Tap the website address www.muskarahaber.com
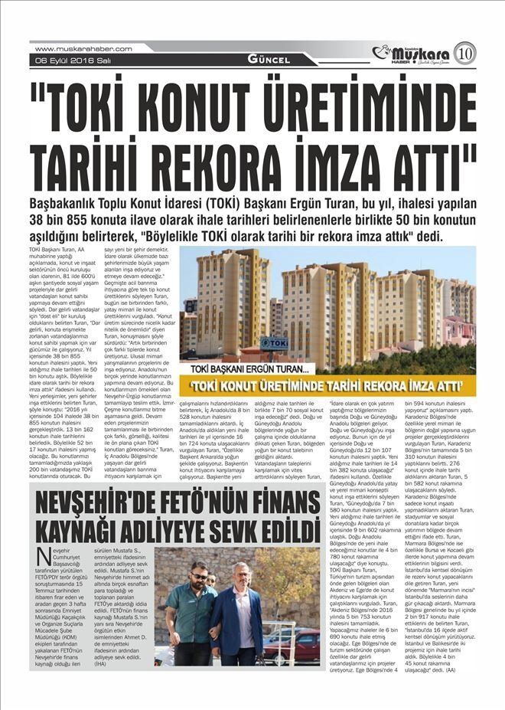coord(83,48)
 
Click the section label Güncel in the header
coord(268,59)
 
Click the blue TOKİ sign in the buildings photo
coord(273,344)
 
